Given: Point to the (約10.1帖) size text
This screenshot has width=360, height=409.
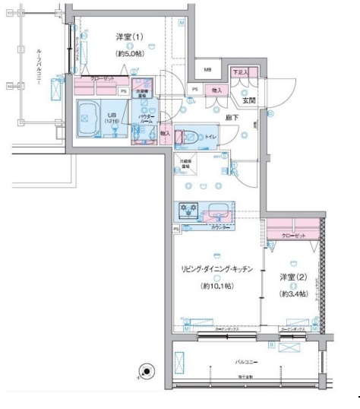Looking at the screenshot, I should pyautogui.click(x=216, y=287).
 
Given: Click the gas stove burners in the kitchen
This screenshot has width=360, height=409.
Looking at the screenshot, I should pyautogui.click(x=187, y=209).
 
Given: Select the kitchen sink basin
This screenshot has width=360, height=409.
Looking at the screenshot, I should pyautogui.click(x=217, y=209).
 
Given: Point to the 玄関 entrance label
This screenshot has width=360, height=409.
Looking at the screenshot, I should pyautogui.click(x=248, y=100).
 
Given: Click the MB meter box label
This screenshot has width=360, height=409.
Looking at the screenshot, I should pyautogui.click(x=207, y=70).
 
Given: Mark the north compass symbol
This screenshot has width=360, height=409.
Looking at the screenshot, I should pyautogui.click(x=144, y=372).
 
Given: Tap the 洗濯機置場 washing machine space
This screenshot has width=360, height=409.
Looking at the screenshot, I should pyautogui.click(x=141, y=90).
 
